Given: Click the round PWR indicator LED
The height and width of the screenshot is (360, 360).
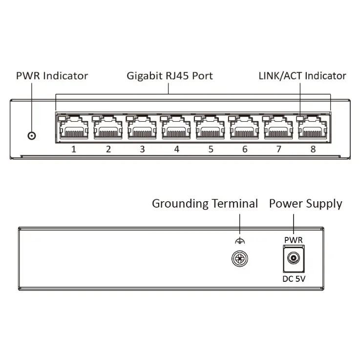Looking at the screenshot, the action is tap(32, 136).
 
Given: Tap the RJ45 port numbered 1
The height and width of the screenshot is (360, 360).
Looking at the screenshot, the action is tap(74, 127).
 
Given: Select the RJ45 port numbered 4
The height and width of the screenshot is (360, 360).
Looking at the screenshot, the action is tap(176, 127).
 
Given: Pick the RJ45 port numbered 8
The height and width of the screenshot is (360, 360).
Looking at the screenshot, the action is tap(313, 127).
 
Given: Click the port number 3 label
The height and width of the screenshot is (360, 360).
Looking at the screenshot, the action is tap(142, 149).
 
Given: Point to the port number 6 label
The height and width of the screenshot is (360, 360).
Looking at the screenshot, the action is tap(245, 149).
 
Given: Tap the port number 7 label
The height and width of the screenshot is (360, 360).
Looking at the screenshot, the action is tap(279, 149).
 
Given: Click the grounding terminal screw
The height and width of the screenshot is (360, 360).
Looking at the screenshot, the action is tap(240, 258).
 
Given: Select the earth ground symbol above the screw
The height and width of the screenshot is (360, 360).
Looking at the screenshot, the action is tap(240, 241).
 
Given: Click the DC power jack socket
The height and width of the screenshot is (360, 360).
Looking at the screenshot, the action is tap(294, 258).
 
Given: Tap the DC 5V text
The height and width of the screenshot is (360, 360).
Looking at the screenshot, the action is tap(294, 279).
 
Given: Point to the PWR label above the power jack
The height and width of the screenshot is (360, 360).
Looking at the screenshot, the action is tap(294, 240).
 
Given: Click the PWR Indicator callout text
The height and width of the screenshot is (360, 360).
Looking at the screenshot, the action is tap(52, 76).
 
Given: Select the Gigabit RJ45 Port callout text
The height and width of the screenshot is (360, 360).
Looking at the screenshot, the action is tap(169, 76).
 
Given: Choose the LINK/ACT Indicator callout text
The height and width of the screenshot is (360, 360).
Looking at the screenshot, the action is tap(302, 76).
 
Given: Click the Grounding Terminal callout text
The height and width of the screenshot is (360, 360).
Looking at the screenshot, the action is tap(205, 204).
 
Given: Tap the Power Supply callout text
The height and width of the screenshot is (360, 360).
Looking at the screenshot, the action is tap(306, 204).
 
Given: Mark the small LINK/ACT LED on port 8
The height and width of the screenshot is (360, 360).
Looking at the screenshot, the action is tap(300, 119).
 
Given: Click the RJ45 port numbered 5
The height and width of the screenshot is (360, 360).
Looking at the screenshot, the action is tap(210, 127).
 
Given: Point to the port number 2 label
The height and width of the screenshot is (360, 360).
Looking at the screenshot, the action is tap(108, 149).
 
